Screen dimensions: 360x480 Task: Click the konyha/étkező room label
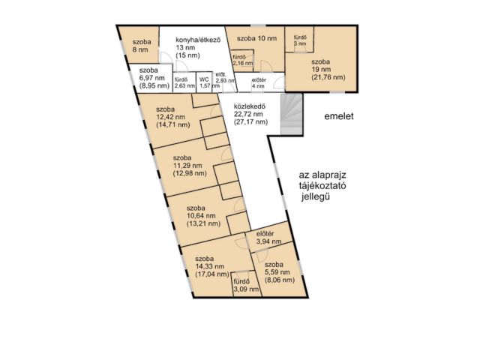tap(197, 40)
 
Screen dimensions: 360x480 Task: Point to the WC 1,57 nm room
tap(204, 82)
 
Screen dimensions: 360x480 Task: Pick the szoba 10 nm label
tap(256, 38)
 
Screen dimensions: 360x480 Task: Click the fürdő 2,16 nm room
tap(241, 61)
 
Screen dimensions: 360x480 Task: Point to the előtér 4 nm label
tap(258, 82)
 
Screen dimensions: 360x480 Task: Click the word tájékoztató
tap(320, 187)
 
